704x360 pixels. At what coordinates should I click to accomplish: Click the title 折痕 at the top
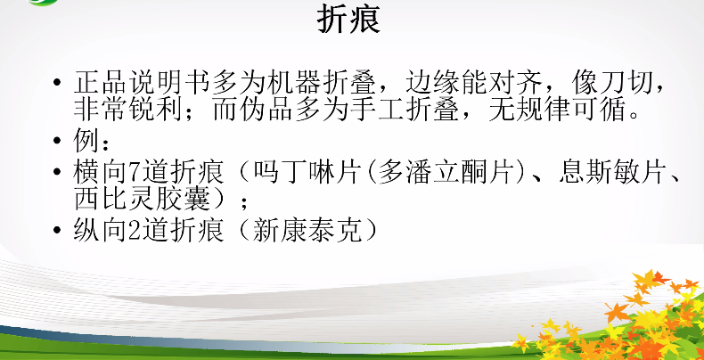pos(348,20)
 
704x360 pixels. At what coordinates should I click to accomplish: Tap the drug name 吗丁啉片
pos(307,173)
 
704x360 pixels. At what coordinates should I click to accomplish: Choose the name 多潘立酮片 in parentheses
pos(445,173)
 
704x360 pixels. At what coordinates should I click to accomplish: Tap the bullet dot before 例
pos(56,142)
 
